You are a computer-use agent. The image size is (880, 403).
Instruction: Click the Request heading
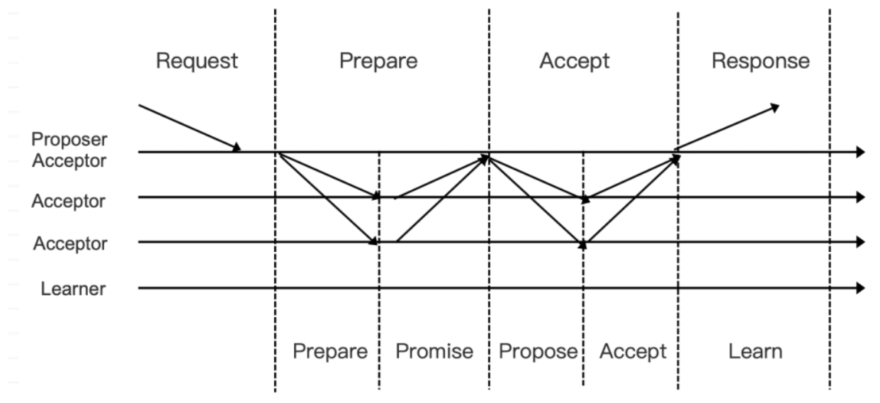point(197,61)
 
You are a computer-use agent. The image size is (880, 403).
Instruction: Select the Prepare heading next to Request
point(378,61)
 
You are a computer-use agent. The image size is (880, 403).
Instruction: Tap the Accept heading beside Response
point(574,61)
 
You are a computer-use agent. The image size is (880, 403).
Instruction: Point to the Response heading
point(760,61)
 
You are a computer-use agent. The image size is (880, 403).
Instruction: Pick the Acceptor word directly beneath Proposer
point(69,161)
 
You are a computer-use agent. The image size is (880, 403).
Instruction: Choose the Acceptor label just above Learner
point(69,244)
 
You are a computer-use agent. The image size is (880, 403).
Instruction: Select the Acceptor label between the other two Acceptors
point(68,201)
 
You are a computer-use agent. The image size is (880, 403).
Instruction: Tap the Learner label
point(74,289)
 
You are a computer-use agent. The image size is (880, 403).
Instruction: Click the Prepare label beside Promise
point(331,351)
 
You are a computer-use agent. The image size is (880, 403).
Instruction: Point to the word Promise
point(434,351)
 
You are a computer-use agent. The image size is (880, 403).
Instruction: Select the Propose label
point(538,351)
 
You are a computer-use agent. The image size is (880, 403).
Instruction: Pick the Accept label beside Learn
point(632,351)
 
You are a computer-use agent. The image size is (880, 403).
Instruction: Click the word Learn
point(755,351)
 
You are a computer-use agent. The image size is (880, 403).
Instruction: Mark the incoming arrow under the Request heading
point(190,128)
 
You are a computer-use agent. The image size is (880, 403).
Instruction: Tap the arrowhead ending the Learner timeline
point(860,288)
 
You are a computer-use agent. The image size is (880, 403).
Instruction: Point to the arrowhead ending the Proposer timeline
point(860,152)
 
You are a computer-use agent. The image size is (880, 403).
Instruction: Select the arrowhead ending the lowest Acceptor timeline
point(860,242)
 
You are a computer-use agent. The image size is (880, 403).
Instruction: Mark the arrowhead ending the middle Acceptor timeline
point(860,197)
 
